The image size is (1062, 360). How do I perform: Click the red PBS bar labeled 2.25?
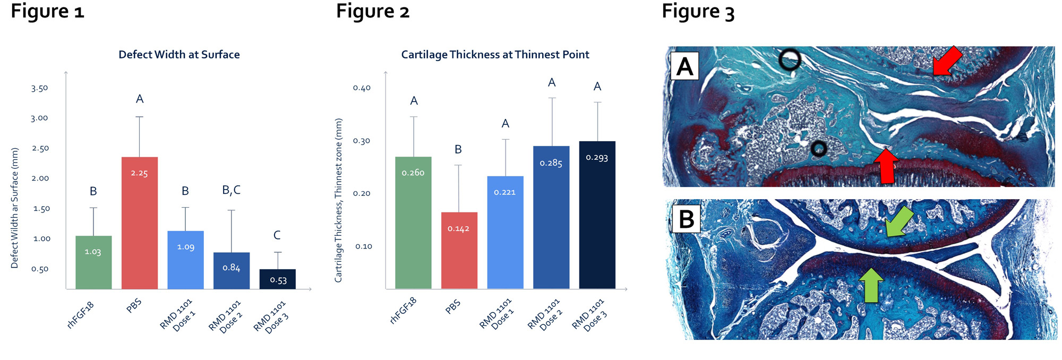point(140,223)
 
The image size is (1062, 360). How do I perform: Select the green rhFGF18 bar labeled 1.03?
point(93,262)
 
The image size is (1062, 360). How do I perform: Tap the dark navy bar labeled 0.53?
point(277,279)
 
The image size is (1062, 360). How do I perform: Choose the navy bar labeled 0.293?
point(597,215)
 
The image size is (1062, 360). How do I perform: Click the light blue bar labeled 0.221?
point(505,233)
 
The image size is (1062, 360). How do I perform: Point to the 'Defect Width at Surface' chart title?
point(179,55)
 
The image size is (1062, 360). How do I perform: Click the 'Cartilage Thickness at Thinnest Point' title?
point(495,55)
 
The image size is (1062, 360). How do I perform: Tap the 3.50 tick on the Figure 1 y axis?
point(39,88)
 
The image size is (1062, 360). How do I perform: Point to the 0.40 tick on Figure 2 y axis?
point(362,88)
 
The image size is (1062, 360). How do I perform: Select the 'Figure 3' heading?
point(698,12)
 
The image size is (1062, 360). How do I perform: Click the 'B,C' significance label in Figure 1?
point(231,190)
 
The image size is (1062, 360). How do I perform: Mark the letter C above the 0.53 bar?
point(277,235)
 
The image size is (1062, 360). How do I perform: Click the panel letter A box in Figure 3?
point(684,66)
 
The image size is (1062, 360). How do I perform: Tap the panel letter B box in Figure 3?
point(686,219)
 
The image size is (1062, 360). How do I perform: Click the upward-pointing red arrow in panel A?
point(886,166)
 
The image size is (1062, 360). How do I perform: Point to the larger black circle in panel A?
point(790,59)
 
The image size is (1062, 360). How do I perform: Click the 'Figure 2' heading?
point(373,12)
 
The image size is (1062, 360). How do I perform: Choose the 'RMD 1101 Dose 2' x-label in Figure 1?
point(226,316)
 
